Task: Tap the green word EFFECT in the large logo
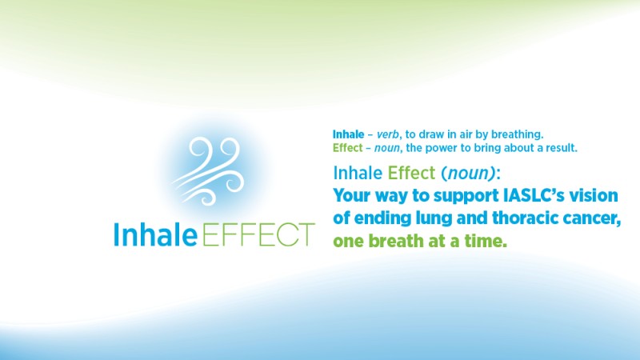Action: click(257, 234)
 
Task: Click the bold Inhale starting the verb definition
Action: click(348, 134)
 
